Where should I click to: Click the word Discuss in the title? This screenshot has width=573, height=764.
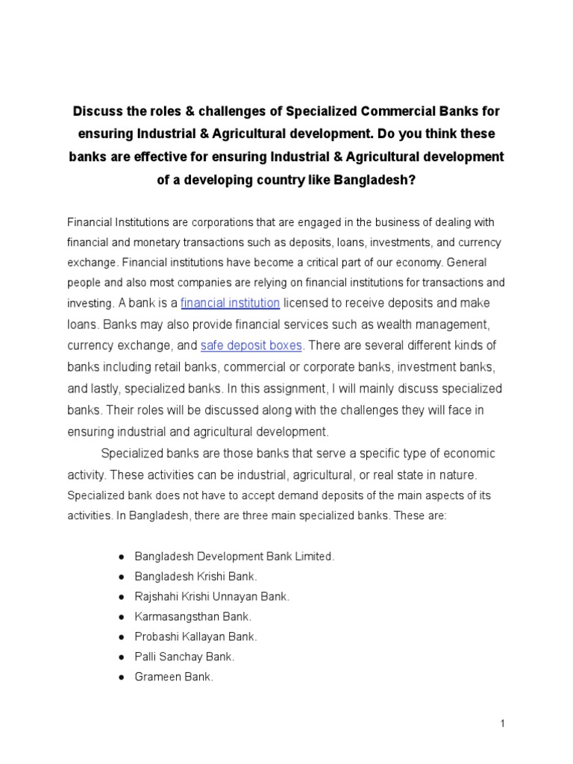[98, 111]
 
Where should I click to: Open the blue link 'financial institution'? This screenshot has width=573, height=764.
[231, 303]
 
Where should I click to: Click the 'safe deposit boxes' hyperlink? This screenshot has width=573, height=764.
[251, 346]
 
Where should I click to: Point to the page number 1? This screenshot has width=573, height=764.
[504, 723]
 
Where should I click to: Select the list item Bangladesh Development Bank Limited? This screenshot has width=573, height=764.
[234, 557]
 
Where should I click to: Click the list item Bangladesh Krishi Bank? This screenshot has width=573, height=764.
[195, 577]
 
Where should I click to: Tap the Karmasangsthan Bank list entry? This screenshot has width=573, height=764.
[193, 617]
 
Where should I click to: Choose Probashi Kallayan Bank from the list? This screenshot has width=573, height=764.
[195, 637]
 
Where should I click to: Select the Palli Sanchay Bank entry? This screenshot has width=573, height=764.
[184, 657]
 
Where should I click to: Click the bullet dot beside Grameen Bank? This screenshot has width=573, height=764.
[121, 677]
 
